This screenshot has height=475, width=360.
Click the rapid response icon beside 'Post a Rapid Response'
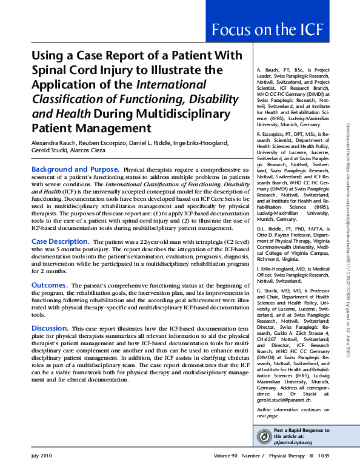coord(264,437)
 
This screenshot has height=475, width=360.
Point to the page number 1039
coord(323,455)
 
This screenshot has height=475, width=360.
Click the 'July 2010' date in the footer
coord(42,455)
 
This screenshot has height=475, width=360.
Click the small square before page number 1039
coord(311,455)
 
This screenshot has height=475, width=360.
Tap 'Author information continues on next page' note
coord(281,413)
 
